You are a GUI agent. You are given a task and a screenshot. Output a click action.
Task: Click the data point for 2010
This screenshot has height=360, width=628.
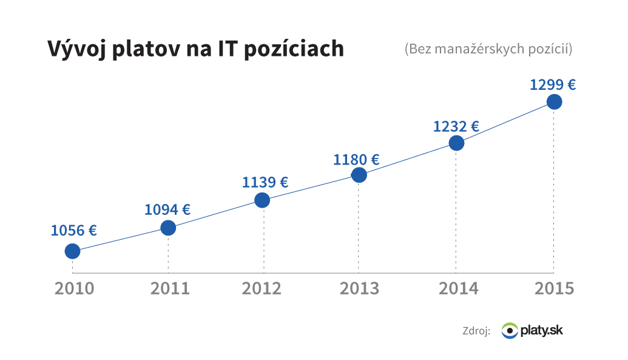(72, 251)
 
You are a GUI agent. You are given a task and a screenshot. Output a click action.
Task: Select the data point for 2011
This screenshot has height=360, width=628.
(168, 228)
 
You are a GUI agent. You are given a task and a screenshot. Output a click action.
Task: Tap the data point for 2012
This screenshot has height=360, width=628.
(262, 200)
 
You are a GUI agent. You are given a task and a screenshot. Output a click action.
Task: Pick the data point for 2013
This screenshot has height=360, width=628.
(359, 175)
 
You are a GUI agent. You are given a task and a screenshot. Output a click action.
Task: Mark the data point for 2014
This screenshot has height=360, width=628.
(456, 143)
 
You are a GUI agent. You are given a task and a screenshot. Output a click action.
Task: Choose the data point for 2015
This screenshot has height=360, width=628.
(554, 101)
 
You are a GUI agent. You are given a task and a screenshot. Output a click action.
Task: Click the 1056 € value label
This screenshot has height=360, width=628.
(73, 230)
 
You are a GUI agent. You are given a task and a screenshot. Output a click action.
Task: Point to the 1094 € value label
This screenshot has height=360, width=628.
(167, 209)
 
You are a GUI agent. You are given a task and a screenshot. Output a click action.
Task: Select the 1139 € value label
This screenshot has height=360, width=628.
(265, 182)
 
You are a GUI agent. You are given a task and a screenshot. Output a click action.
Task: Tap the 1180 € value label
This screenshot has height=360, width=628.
(356, 160)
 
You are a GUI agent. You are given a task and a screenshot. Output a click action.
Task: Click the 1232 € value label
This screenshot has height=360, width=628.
(456, 126)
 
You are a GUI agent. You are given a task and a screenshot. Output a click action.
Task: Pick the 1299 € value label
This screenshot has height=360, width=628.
(553, 84)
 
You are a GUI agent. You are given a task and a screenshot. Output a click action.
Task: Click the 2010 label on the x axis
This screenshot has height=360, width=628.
(75, 288)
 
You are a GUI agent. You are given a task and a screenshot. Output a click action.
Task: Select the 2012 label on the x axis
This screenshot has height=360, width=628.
(262, 288)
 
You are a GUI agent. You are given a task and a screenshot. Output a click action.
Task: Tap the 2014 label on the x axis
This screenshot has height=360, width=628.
(458, 288)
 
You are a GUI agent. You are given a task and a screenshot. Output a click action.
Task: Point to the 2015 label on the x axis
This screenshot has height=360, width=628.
(554, 288)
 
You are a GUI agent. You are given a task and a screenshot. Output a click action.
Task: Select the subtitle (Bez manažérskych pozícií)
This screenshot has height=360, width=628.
(488, 49)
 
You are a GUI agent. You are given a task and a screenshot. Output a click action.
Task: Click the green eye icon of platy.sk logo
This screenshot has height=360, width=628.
(510, 331)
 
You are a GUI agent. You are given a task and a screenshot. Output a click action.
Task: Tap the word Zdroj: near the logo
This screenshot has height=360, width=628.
(476, 331)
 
